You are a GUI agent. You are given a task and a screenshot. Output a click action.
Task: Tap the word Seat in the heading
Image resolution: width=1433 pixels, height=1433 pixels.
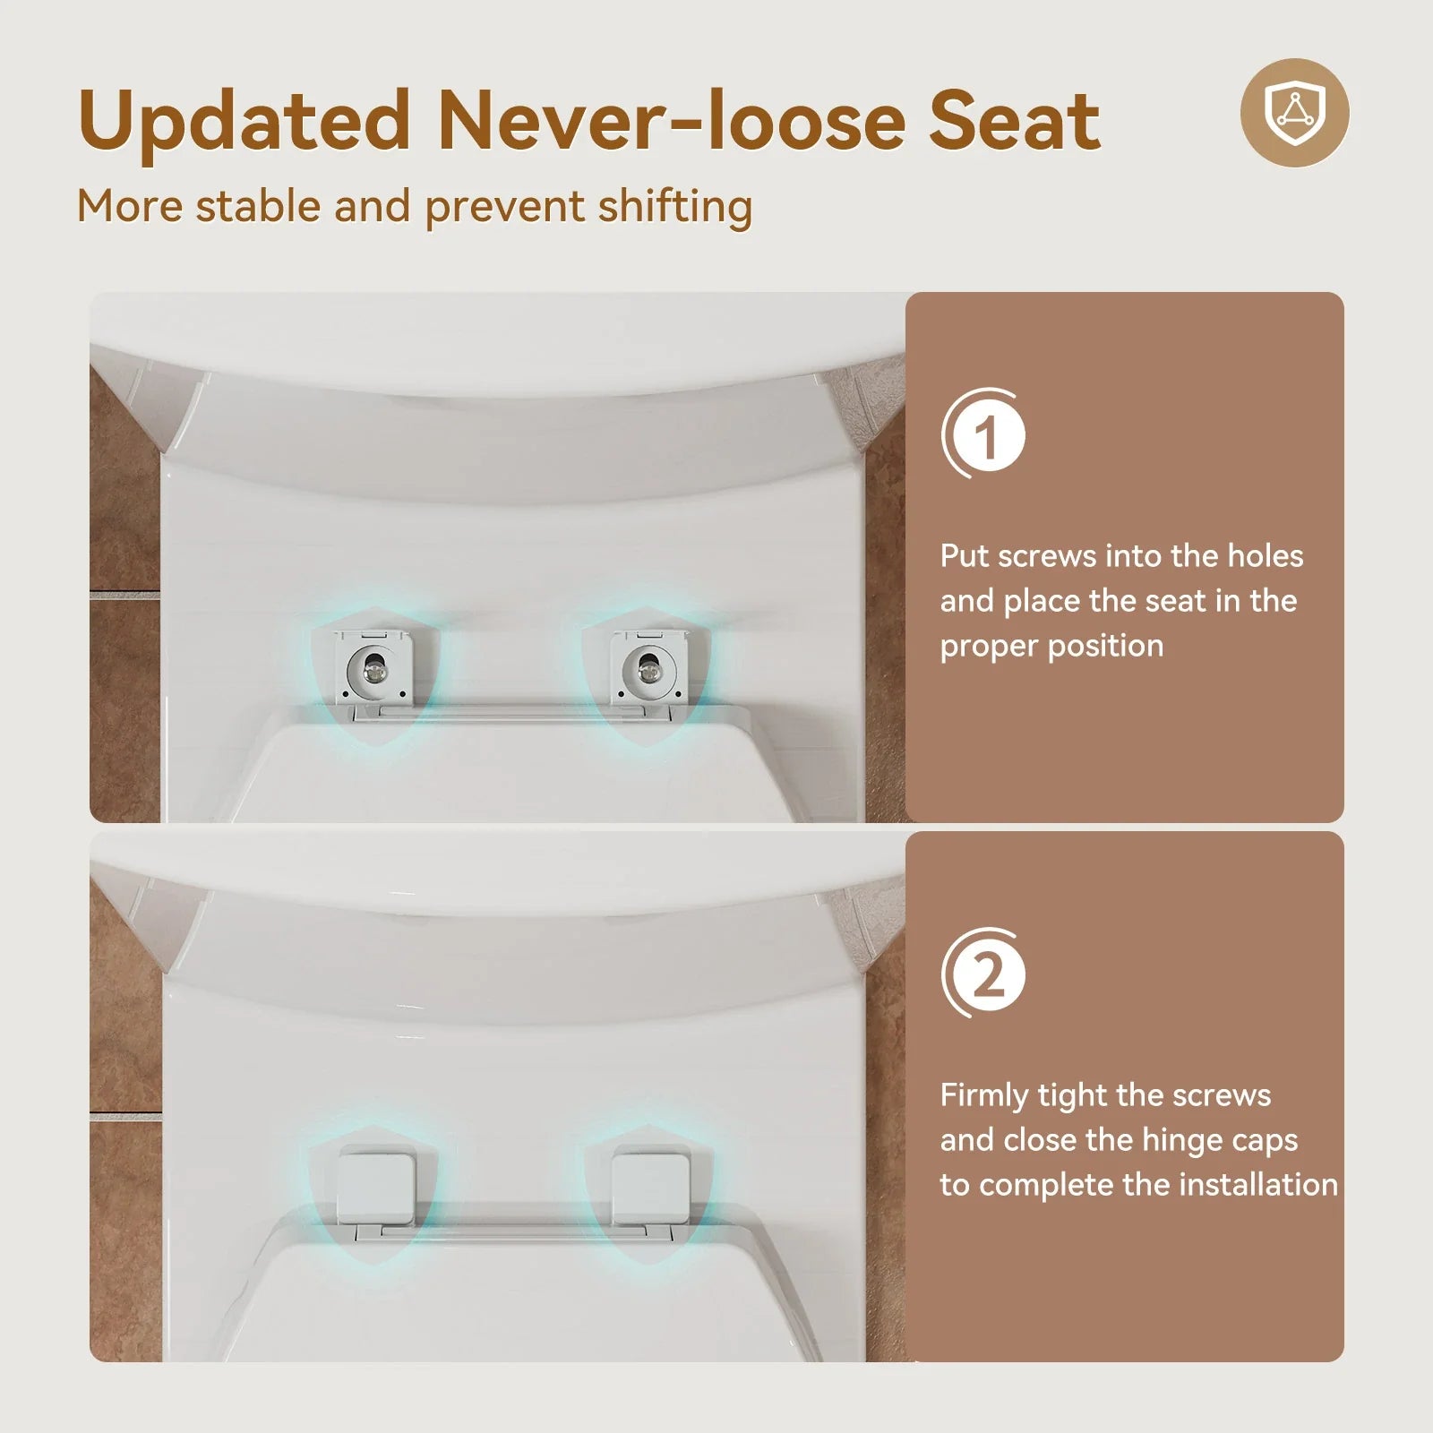click(x=1014, y=122)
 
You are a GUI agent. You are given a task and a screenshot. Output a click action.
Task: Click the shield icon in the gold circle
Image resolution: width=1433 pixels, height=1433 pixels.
click(x=1294, y=112)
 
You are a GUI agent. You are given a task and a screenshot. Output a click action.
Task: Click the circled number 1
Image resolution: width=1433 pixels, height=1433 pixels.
click(x=985, y=436)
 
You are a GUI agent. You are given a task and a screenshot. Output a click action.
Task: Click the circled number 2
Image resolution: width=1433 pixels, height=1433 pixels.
click(x=985, y=974)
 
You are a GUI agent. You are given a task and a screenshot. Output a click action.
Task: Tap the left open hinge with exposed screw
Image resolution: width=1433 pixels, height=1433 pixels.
click(x=373, y=666)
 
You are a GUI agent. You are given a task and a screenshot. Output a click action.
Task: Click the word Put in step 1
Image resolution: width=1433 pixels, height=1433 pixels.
click(x=964, y=556)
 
